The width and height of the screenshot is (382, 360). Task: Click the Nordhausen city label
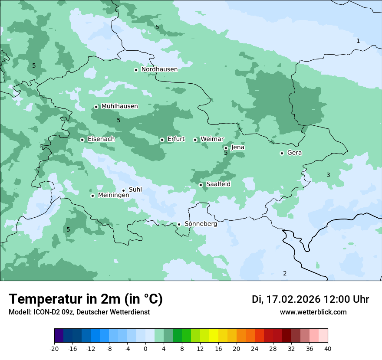[159, 69]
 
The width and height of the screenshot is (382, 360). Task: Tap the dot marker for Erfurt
[162, 140]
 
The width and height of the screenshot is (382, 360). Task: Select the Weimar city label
[212, 139]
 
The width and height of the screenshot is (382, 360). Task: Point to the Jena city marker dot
[226, 148]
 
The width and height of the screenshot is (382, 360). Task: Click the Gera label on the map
[294, 153]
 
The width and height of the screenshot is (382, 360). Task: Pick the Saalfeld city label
[218, 184]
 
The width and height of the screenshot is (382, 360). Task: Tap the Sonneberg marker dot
[179, 224]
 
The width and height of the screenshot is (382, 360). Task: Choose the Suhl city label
[135, 190]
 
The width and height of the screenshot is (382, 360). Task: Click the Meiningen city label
[113, 195]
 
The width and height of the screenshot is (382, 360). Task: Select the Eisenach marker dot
[82, 140]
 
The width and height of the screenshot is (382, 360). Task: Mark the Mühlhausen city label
[119, 106]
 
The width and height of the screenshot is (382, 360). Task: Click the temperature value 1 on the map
[358, 41]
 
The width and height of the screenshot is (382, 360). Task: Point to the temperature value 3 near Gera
[328, 175]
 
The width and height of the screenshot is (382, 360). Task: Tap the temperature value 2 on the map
[285, 273]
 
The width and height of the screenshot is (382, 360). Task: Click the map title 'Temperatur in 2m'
[86, 299]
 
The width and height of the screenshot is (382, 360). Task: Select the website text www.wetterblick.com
[313, 312]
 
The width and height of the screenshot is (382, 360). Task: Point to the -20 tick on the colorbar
[54, 348]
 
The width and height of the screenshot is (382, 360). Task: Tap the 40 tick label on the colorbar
[328, 348]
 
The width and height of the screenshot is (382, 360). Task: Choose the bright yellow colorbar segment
[214, 336]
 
